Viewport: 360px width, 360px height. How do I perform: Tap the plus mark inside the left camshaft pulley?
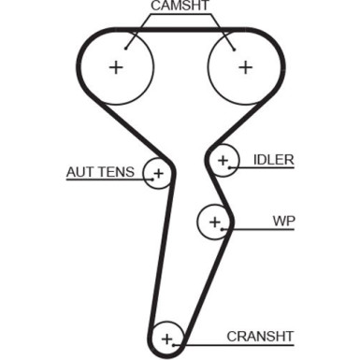[116, 67]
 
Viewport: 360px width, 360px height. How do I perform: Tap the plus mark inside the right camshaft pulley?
[245, 67]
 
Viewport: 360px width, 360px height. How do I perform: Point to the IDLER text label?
[273, 160]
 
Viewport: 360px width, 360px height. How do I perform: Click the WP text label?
[283, 223]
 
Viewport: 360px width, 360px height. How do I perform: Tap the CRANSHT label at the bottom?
[260, 337]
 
